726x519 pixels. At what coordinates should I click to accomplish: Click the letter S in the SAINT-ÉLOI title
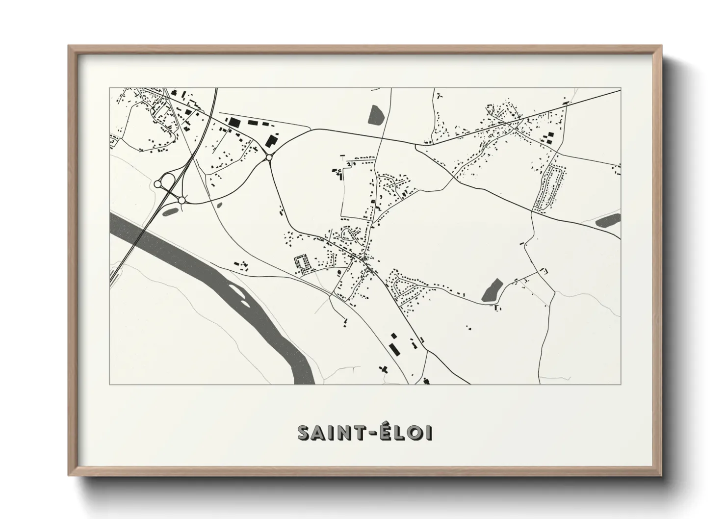304,433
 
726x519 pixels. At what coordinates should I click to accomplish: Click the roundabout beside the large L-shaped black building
268,157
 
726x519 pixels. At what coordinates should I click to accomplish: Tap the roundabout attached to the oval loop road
157,183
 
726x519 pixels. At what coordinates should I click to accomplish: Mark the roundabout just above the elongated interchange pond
181,200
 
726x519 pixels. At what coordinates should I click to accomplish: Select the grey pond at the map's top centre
376,115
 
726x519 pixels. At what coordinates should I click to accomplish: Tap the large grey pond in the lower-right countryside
492,290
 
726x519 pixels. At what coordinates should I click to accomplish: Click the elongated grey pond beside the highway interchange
170,211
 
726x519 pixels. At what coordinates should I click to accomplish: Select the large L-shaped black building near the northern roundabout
271,139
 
